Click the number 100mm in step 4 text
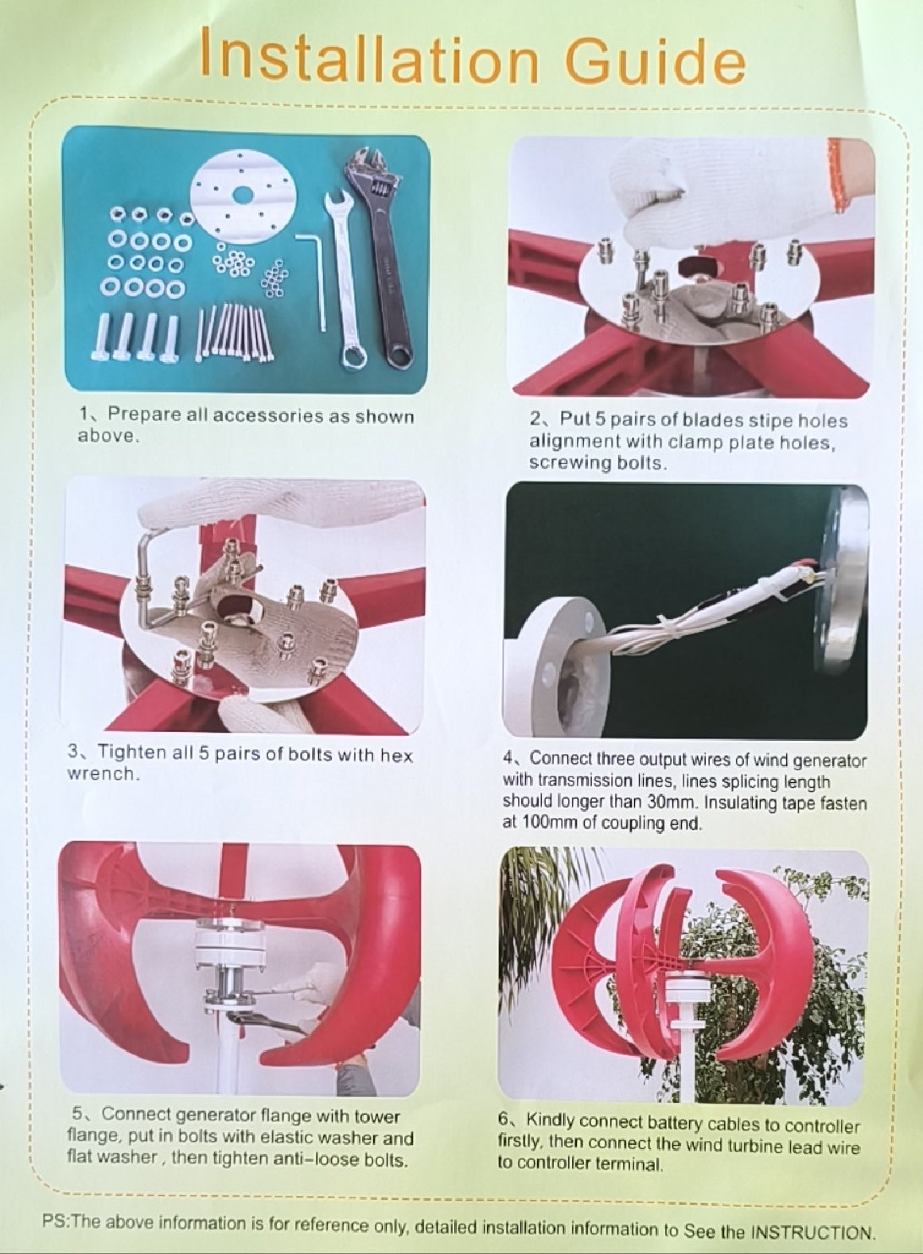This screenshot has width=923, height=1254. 539,823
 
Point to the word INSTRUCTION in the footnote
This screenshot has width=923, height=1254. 812,1233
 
